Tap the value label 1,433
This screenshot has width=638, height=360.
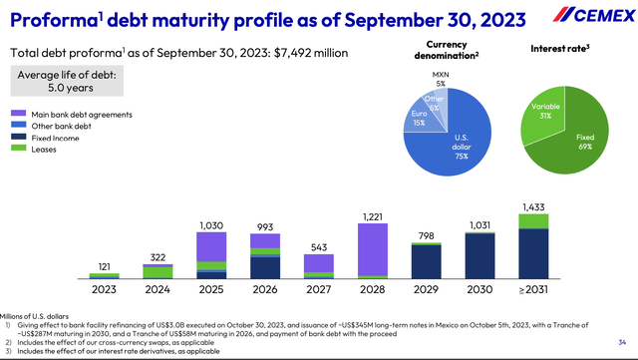533,206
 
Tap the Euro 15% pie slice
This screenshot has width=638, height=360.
404,119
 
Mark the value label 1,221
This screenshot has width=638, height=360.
371,215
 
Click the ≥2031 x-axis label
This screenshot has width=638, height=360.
533,291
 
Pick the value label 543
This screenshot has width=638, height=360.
317,246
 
